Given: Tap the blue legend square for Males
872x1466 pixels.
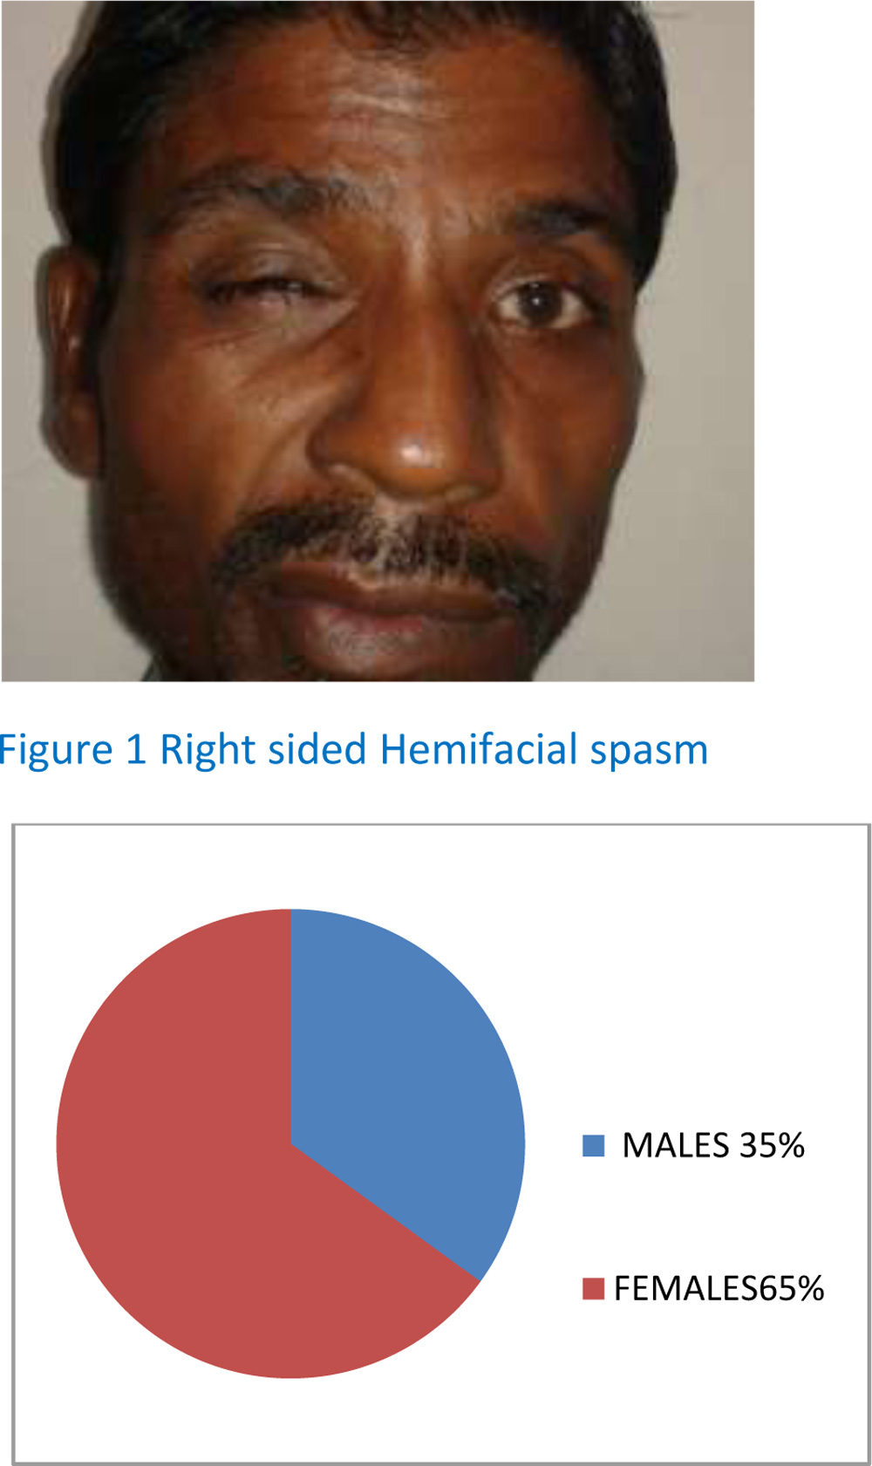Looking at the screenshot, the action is tap(593, 1145).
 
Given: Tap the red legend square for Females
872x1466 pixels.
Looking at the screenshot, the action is tap(593, 1288).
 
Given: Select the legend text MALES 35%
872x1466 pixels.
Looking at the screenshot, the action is tap(713, 1145).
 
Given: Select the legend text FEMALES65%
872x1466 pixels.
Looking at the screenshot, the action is tap(719, 1288).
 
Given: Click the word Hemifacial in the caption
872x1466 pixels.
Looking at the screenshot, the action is tap(479, 749).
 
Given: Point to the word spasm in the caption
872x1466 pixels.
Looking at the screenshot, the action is tap(649, 753).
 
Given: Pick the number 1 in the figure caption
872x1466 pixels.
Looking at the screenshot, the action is tap(135, 750).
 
